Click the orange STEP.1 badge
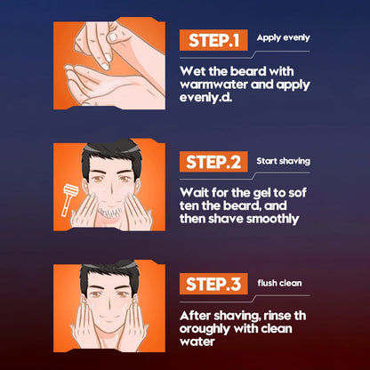click(213, 40)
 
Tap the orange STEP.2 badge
click(213, 162)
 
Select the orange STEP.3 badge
click(213, 284)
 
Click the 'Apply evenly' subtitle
click(283, 38)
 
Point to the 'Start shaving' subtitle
click(283, 161)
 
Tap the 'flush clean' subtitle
click(279, 283)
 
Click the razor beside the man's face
click(69, 199)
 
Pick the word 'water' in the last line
click(197, 342)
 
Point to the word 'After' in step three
click(195, 316)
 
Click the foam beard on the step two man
click(110, 212)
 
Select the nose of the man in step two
click(110, 189)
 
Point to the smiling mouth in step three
click(109, 321)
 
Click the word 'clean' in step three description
click(276, 328)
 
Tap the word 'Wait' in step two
click(193, 193)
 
